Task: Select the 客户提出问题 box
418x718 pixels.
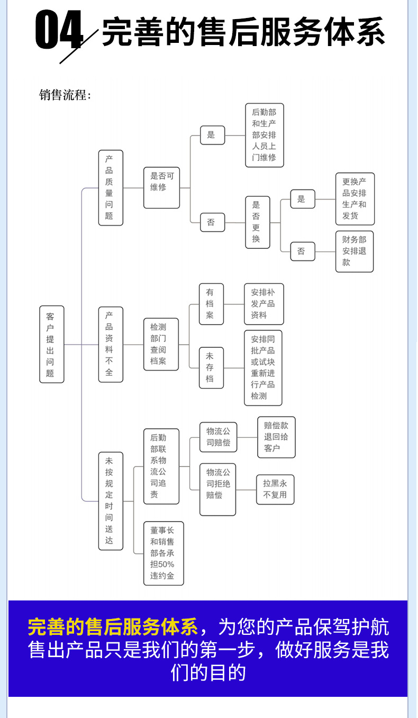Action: tap(51, 344)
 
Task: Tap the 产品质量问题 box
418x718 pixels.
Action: tap(111, 187)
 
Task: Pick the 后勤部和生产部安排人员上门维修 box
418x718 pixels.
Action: tap(264, 135)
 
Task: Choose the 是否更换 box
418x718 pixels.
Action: tap(257, 222)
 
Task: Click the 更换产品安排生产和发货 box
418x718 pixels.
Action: tap(355, 199)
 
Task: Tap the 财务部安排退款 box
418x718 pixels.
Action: tap(354, 251)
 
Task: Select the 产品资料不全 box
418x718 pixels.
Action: tap(111, 344)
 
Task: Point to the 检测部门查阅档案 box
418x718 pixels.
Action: tap(161, 344)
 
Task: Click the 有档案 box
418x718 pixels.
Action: tap(211, 304)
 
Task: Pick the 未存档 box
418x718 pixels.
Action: tap(211, 367)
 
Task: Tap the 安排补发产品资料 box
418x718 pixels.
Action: tap(263, 304)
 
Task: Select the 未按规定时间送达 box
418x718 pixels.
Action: tap(111, 500)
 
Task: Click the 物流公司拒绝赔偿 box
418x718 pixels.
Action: tap(217, 489)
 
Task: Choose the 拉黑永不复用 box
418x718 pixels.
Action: tap(275, 489)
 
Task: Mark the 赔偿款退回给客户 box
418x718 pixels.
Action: tap(276, 437)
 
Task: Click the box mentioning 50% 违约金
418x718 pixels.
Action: tap(163, 553)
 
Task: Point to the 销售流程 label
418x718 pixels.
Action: tap(65, 96)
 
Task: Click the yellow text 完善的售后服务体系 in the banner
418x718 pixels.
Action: tap(113, 627)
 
